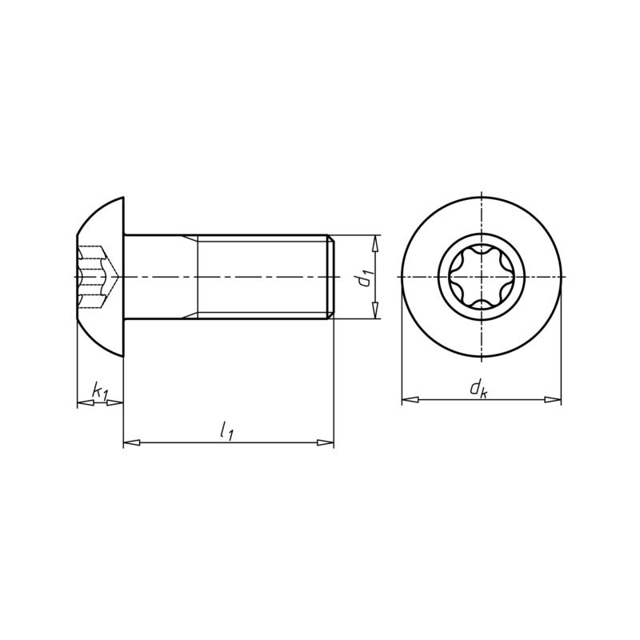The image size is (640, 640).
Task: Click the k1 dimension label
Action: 100,390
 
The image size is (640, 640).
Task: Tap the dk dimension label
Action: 478,388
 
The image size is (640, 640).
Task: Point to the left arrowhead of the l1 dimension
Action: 132,442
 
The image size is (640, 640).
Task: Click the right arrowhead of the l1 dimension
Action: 326,442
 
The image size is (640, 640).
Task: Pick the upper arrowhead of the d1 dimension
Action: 376,244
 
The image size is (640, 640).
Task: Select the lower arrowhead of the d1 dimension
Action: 376,310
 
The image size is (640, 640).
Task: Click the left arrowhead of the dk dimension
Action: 410,399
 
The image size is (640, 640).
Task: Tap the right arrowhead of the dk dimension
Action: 553,399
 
